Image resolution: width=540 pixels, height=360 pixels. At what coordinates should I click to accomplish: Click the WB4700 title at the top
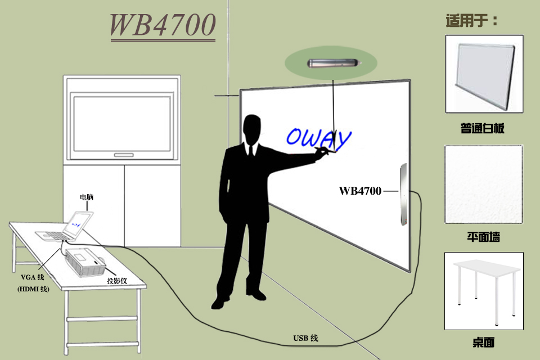(x=163, y=25)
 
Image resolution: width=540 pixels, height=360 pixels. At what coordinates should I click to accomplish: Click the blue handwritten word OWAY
(x=318, y=137)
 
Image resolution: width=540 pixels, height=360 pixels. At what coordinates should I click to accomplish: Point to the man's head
(x=253, y=129)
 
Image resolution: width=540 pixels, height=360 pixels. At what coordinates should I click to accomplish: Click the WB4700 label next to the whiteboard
(x=360, y=191)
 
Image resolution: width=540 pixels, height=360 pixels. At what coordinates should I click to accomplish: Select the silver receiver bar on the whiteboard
(x=403, y=195)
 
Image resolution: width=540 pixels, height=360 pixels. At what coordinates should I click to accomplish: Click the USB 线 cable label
(x=305, y=338)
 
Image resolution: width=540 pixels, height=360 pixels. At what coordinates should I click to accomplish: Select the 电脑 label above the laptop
(x=86, y=197)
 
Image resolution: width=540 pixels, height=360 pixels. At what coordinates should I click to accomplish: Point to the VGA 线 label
(x=32, y=277)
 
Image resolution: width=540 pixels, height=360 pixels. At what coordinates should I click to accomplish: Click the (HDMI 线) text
(x=33, y=289)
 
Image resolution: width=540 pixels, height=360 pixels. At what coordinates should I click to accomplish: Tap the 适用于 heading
(x=471, y=21)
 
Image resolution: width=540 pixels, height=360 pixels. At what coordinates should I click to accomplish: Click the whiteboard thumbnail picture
(x=484, y=75)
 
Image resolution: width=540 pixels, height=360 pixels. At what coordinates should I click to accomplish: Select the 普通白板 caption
(x=483, y=129)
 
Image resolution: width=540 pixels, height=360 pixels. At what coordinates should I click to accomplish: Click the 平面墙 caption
(x=483, y=237)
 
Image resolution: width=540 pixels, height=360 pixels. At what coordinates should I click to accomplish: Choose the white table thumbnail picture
(x=484, y=291)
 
